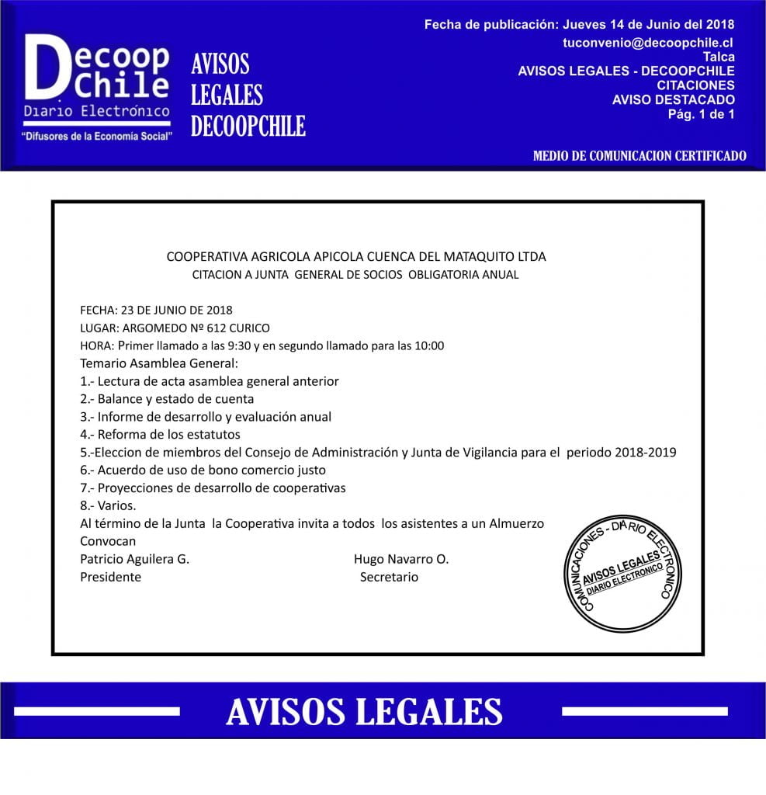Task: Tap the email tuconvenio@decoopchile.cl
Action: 648,43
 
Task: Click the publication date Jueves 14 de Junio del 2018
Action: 649,25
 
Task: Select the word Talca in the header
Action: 719,57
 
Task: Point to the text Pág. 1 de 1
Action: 701,114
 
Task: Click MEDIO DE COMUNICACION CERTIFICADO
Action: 639,156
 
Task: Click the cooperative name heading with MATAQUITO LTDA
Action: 356,256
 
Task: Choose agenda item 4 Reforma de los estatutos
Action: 160,435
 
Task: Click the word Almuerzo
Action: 517,524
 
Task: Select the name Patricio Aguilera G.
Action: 134,559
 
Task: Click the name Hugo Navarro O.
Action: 400,559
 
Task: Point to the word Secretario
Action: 389,577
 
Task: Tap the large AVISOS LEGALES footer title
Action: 364,711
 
